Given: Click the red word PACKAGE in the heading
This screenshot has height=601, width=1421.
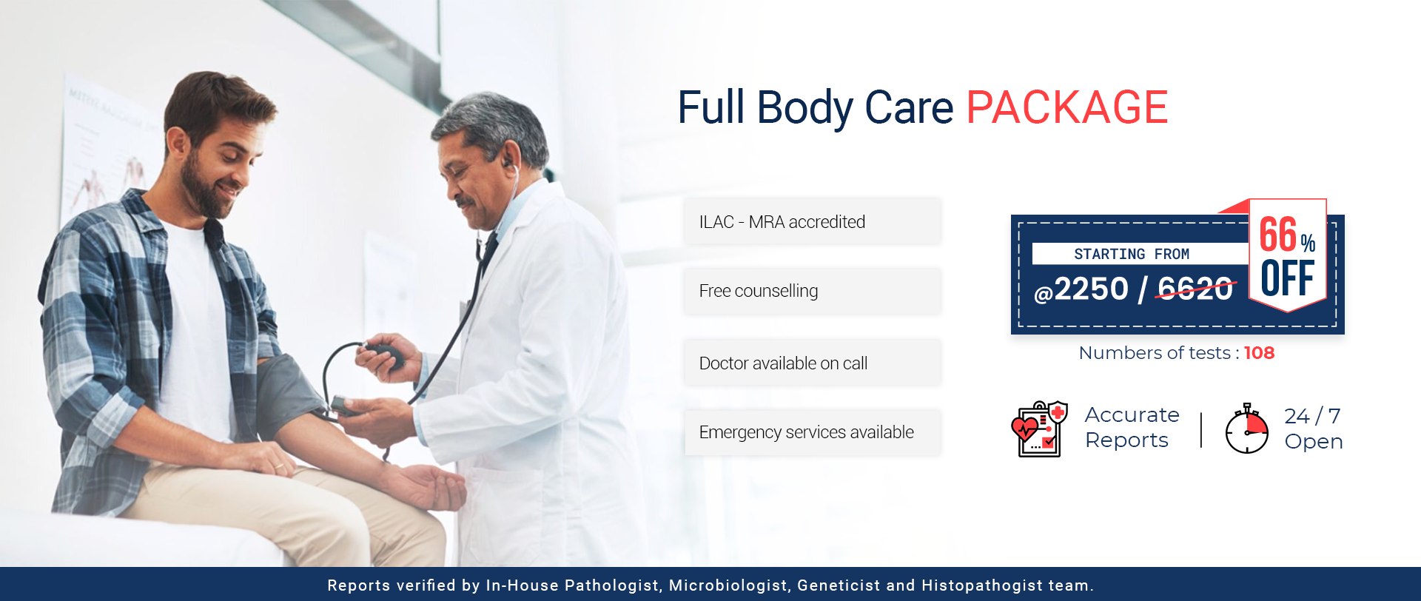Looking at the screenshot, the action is [1067, 107].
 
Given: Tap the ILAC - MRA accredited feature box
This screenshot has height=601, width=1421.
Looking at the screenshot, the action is [813, 221].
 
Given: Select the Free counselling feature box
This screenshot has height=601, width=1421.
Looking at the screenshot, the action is [813, 291].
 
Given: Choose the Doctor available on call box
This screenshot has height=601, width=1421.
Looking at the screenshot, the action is [813, 363].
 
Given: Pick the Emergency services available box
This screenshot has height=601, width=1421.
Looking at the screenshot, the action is [813, 432].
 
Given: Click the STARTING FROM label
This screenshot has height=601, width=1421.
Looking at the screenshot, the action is [1132, 254].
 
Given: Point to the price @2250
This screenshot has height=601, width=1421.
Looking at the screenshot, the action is [1081, 289].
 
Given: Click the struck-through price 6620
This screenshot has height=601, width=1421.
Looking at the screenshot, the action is [1195, 289].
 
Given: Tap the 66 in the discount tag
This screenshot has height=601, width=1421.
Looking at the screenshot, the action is [1278, 235].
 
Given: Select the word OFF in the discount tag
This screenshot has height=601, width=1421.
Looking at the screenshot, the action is [1288, 278].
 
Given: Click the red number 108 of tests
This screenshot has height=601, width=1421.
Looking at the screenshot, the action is [1259, 353].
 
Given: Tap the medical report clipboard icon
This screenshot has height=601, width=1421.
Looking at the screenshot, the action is [1040, 429].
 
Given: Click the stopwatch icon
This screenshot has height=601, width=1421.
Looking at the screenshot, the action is [1247, 429].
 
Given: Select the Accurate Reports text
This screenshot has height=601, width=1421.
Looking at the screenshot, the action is [1132, 427].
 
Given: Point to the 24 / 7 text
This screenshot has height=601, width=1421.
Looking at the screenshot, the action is [1312, 416].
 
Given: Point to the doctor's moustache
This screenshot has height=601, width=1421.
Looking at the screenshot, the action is [466, 201].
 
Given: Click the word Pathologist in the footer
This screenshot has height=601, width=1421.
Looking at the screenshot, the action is [611, 585].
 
